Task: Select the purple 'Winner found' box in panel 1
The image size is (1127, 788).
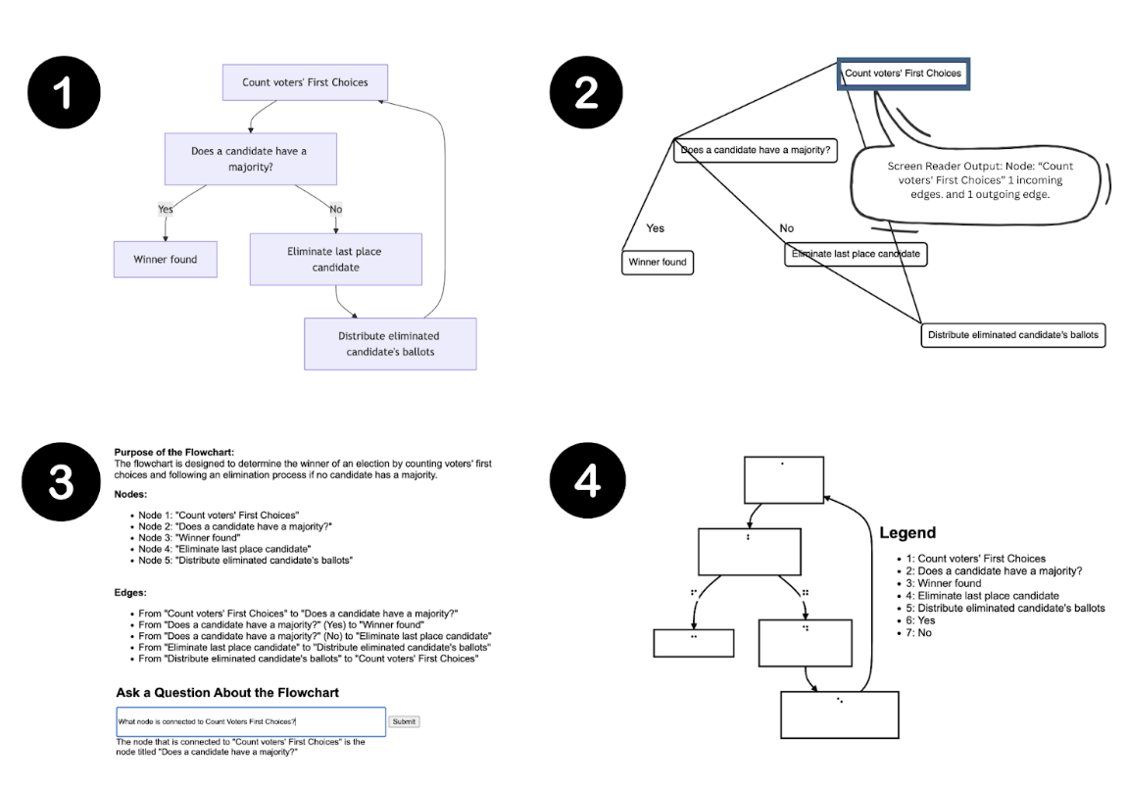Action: click(x=166, y=260)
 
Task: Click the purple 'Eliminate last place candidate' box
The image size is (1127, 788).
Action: click(x=334, y=259)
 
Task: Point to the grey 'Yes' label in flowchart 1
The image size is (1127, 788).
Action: click(x=165, y=208)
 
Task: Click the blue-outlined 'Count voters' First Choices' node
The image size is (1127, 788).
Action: click(x=904, y=74)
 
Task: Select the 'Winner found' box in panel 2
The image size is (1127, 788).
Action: click(x=658, y=263)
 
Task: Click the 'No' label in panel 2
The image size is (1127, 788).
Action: click(x=786, y=228)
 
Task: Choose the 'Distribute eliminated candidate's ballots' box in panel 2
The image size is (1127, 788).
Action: click(x=1014, y=335)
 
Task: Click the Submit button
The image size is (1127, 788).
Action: click(x=405, y=721)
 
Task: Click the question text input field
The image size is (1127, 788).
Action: click(x=250, y=721)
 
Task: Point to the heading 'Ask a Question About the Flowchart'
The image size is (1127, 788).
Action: click(x=227, y=693)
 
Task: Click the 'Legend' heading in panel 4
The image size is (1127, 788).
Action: click(x=906, y=534)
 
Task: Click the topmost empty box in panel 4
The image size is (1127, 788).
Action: click(x=783, y=478)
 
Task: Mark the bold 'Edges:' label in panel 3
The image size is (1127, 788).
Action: click(x=129, y=593)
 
